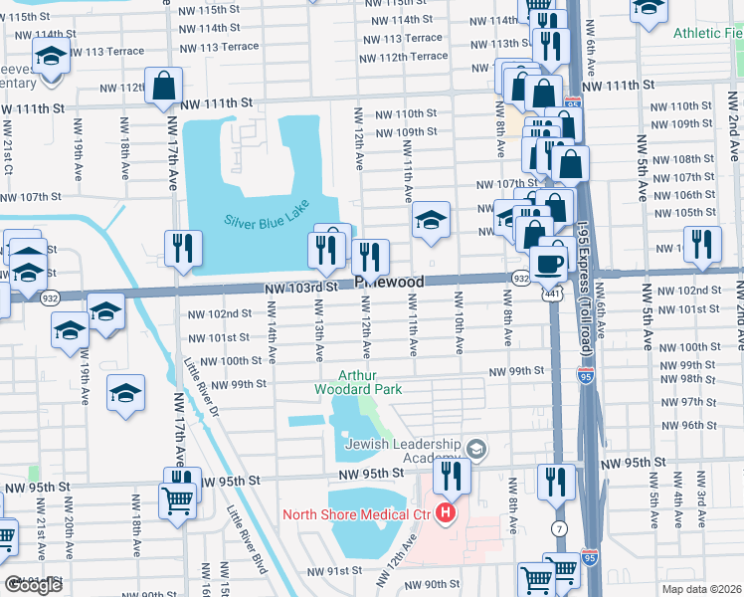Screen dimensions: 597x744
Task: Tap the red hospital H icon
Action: (446, 514)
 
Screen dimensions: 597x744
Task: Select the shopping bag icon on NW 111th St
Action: (163, 87)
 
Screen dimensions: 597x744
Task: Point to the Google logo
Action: (33, 585)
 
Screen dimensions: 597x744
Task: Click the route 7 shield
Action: (561, 526)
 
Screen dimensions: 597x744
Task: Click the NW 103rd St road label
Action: (295, 287)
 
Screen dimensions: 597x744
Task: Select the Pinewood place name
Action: (389, 283)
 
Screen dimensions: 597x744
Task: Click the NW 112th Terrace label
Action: (406, 57)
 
